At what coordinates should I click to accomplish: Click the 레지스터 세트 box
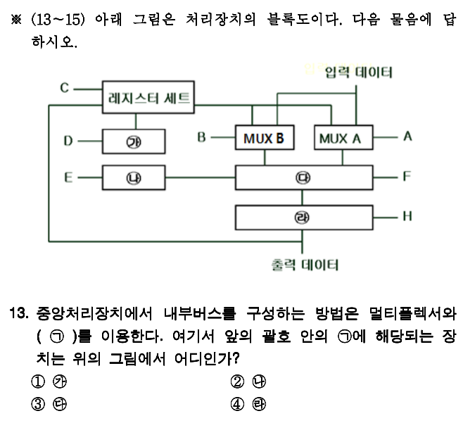148,97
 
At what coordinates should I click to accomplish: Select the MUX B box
264,138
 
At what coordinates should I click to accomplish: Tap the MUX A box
340,138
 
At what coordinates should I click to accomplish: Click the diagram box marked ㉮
133,141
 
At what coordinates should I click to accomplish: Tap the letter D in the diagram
68,141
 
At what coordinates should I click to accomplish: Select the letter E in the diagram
68,177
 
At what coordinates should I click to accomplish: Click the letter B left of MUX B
201,137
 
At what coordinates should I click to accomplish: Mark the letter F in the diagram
407,176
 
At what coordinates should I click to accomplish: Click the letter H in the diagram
407,216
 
